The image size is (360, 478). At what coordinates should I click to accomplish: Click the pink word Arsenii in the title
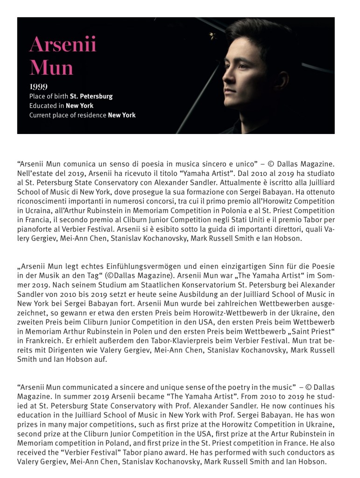[x=63, y=46]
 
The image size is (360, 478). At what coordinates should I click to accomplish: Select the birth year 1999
[x=38, y=87]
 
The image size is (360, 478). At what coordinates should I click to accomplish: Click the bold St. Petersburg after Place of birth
[x=91, y=97]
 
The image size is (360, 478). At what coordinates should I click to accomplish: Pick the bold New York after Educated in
[x=79, y=106]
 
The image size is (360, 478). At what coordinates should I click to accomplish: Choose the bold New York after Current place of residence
[x=121, y=115]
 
